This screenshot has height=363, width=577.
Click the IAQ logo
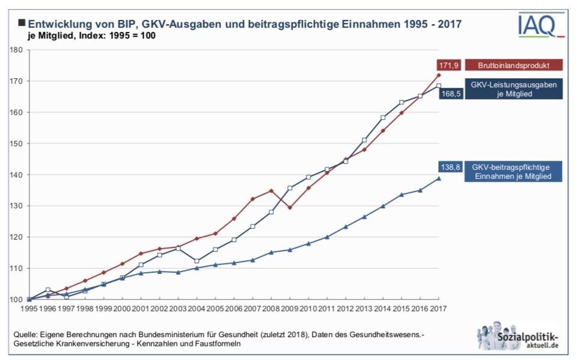541,24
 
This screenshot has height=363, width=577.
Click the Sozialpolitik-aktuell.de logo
519,336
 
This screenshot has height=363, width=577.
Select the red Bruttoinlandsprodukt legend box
514,65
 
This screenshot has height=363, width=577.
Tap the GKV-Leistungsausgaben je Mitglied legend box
514,89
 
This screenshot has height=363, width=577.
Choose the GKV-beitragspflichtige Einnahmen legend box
513,172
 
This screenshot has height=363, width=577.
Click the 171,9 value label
448,65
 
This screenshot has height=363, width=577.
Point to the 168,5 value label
450,93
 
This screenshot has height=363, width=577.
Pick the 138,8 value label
450,167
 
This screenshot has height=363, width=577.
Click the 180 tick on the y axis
16,50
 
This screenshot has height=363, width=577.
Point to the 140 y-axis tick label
16,175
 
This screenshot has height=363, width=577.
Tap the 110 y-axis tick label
16,268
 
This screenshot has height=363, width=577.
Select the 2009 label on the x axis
290,308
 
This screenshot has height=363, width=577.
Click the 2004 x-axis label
197,308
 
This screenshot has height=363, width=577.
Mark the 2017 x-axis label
438,308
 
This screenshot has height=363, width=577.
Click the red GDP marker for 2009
290,208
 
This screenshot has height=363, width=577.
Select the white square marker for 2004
197,261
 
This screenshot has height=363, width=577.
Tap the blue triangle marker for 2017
439,178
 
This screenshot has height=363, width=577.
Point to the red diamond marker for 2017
439,75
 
